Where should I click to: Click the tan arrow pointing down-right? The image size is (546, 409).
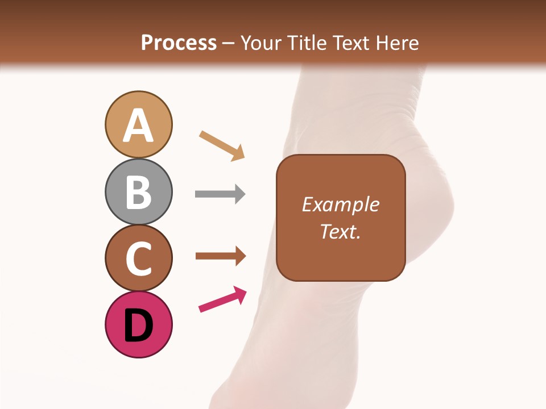tap(222, 145)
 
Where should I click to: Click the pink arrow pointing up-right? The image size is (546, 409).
tap(222, 299)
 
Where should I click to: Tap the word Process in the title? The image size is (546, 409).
tap(179, 43)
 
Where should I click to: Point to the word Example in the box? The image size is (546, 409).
tap(341, 204)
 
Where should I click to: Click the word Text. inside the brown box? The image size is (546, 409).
tap(341, 232)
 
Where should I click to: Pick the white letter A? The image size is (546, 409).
tap(138, 126)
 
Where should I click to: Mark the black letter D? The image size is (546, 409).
tap(138, 325)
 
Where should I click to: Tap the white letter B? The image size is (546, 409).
tap(138, 193)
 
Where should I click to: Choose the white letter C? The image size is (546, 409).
tap(138, 259)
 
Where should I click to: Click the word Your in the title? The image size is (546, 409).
tap(262, 43)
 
